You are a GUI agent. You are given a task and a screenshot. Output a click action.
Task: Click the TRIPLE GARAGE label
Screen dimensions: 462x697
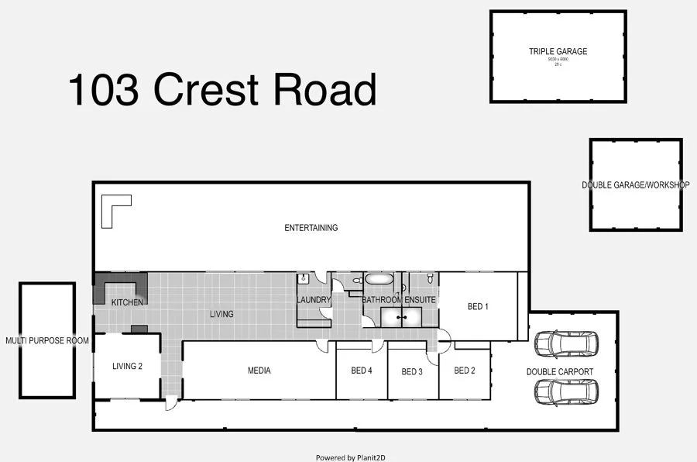point(558,52)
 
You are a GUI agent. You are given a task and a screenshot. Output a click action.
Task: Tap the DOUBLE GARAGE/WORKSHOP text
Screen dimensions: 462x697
point(635,185)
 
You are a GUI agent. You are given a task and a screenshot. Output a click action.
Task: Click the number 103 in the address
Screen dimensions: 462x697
point(104,90)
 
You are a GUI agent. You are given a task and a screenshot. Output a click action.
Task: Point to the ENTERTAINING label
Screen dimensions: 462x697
point(311,228)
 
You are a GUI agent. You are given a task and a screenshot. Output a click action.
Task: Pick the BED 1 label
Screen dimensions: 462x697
point(478,306)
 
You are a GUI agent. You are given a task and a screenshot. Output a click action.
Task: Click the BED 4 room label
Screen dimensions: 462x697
point(362,371)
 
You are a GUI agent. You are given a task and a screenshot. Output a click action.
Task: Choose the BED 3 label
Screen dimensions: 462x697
point(413,371)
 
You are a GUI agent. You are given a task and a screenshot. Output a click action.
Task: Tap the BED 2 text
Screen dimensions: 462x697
point(465,371)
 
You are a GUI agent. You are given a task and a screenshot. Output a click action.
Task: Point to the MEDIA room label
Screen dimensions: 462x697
point(259,371)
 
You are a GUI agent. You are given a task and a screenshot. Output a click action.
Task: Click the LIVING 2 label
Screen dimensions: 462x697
point(127,366)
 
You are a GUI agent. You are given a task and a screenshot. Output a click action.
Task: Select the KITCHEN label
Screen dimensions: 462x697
point(127,302)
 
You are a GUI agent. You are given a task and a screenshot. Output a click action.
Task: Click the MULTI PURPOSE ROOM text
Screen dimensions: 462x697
point(47,340)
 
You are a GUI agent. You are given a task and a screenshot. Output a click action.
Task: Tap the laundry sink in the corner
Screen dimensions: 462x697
point(304,278)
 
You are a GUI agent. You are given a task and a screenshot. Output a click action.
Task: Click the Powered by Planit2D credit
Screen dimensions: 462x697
point(350,457)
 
